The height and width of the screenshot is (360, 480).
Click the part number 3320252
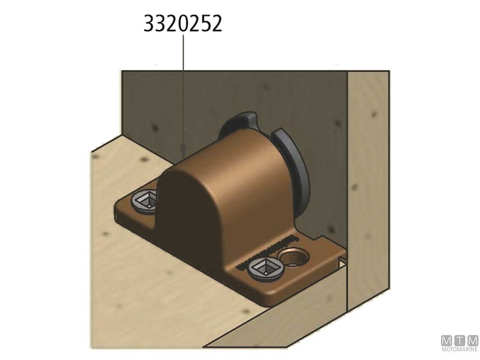click(x=183, y=25)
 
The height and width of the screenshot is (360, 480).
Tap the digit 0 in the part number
click(x=188, y=25)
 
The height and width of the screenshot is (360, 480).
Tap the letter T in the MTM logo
click(x=460, y=340)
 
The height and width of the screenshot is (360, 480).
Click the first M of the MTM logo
click(x=447, y=340)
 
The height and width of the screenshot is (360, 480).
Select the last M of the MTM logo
click(x=472, y=340)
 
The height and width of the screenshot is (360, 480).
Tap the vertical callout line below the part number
click(x=183, y=90)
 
